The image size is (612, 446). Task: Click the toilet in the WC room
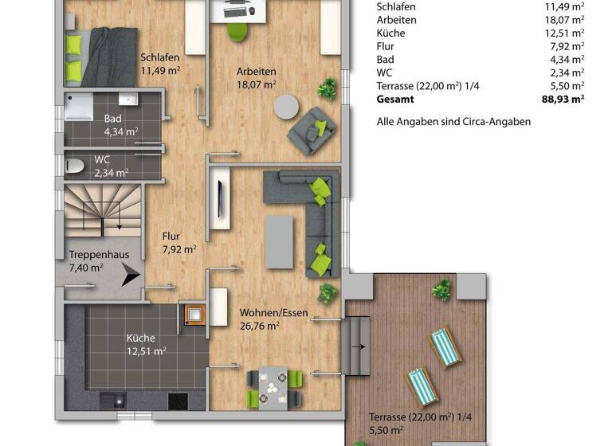pyautogui.click(x=76, y=166)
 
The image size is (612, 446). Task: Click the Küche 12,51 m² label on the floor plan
pyautogui.click(x=146, y=344)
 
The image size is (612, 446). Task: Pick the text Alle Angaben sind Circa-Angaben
pyautogui.click(x=453, y=122)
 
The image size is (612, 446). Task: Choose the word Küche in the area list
pyautogui.click(x=390, y=33)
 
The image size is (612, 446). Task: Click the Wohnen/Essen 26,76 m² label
pyautogui.click(x=259, y=319)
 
